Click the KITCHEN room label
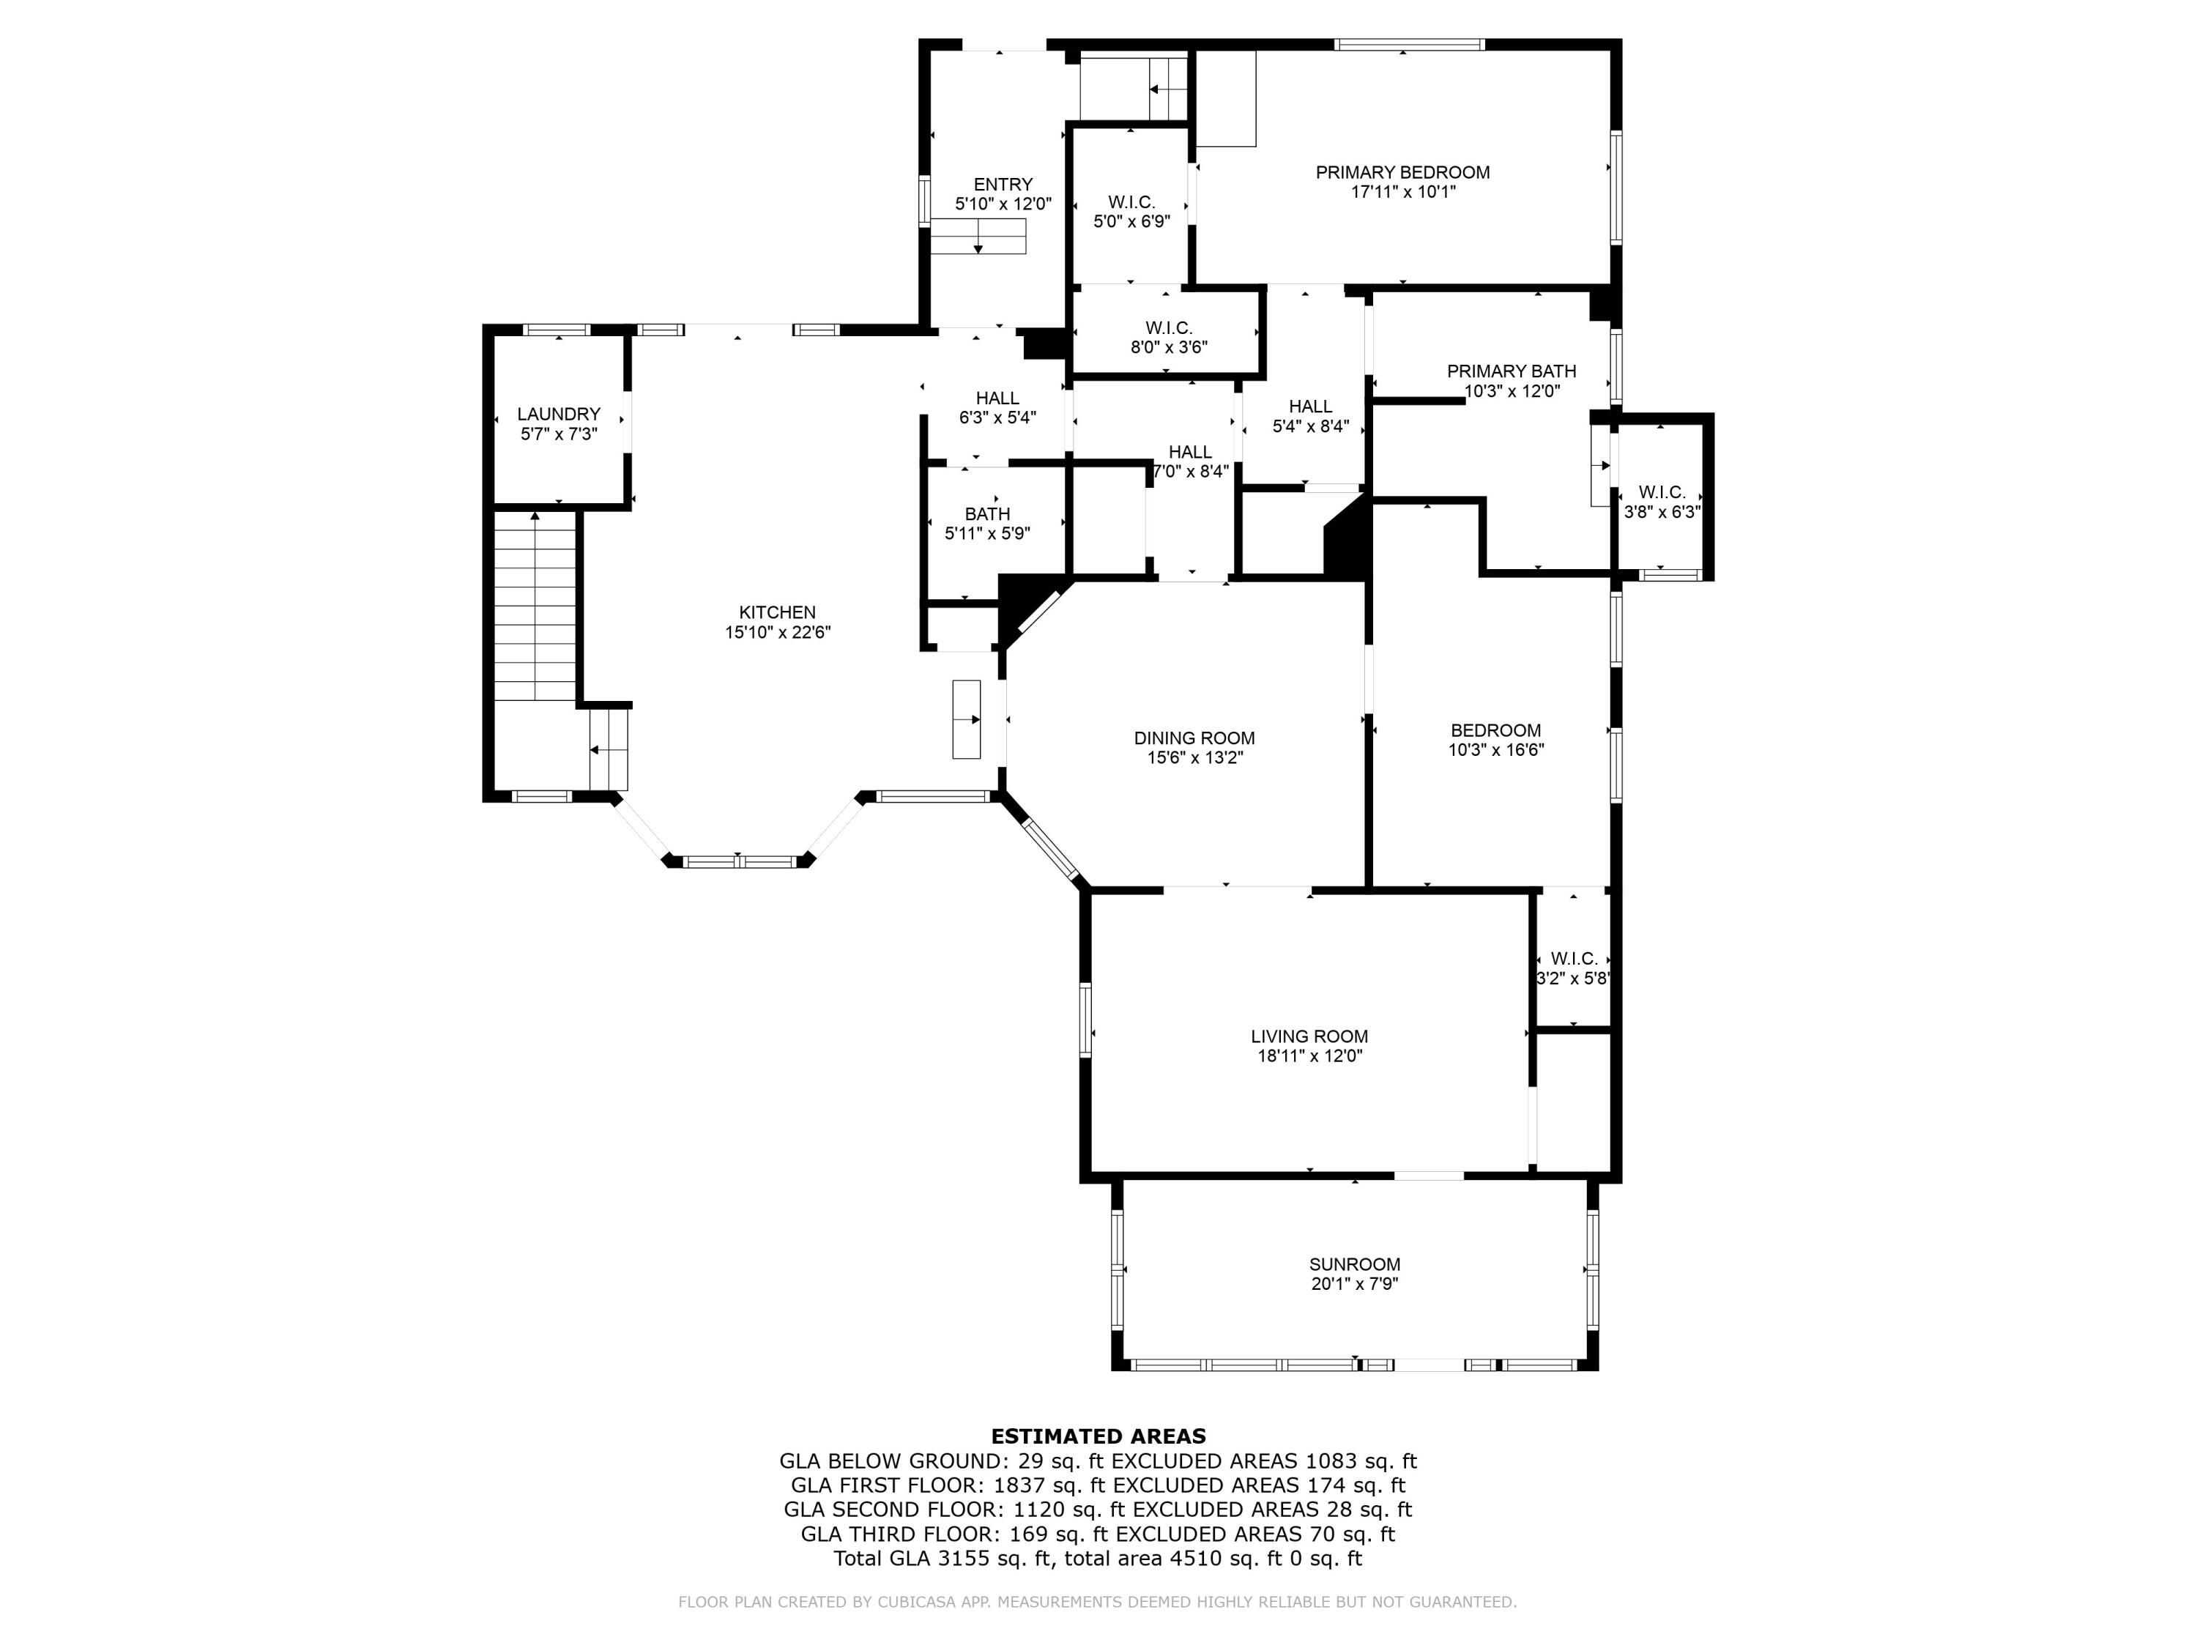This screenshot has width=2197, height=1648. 777,613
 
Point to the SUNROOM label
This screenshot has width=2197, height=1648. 1354,1264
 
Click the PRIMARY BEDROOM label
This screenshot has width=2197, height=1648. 1402,173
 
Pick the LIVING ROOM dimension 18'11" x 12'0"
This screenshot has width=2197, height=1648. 1309,1056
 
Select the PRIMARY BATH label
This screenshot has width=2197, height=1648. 1511,371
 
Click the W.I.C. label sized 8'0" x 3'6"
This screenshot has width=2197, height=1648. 1168,328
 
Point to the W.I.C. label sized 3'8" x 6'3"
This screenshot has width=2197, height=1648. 1662,493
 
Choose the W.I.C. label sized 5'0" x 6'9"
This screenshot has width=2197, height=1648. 1131,203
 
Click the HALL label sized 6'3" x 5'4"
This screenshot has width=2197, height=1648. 997,398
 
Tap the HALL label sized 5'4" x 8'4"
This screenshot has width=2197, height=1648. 1310,407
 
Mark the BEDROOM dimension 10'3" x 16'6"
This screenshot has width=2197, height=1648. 1495,750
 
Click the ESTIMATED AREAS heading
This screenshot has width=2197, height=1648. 1098,1436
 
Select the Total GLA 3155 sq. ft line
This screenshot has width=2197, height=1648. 1098,1558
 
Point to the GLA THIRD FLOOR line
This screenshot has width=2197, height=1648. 1098,1534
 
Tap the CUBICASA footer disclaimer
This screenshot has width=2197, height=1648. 1098,1601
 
